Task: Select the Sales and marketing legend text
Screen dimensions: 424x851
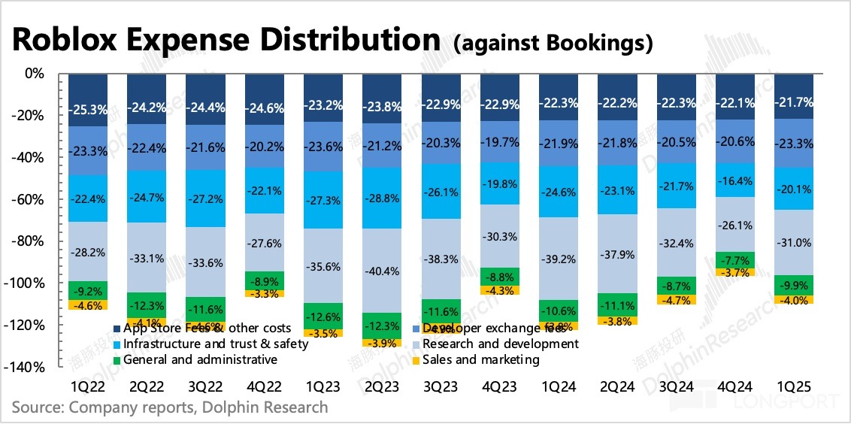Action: point(481,360)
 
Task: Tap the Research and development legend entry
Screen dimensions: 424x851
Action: point(501,344)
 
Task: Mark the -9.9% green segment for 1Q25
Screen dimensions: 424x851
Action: point(794,286)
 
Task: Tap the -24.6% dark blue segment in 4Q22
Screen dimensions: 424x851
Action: point(264,99)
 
